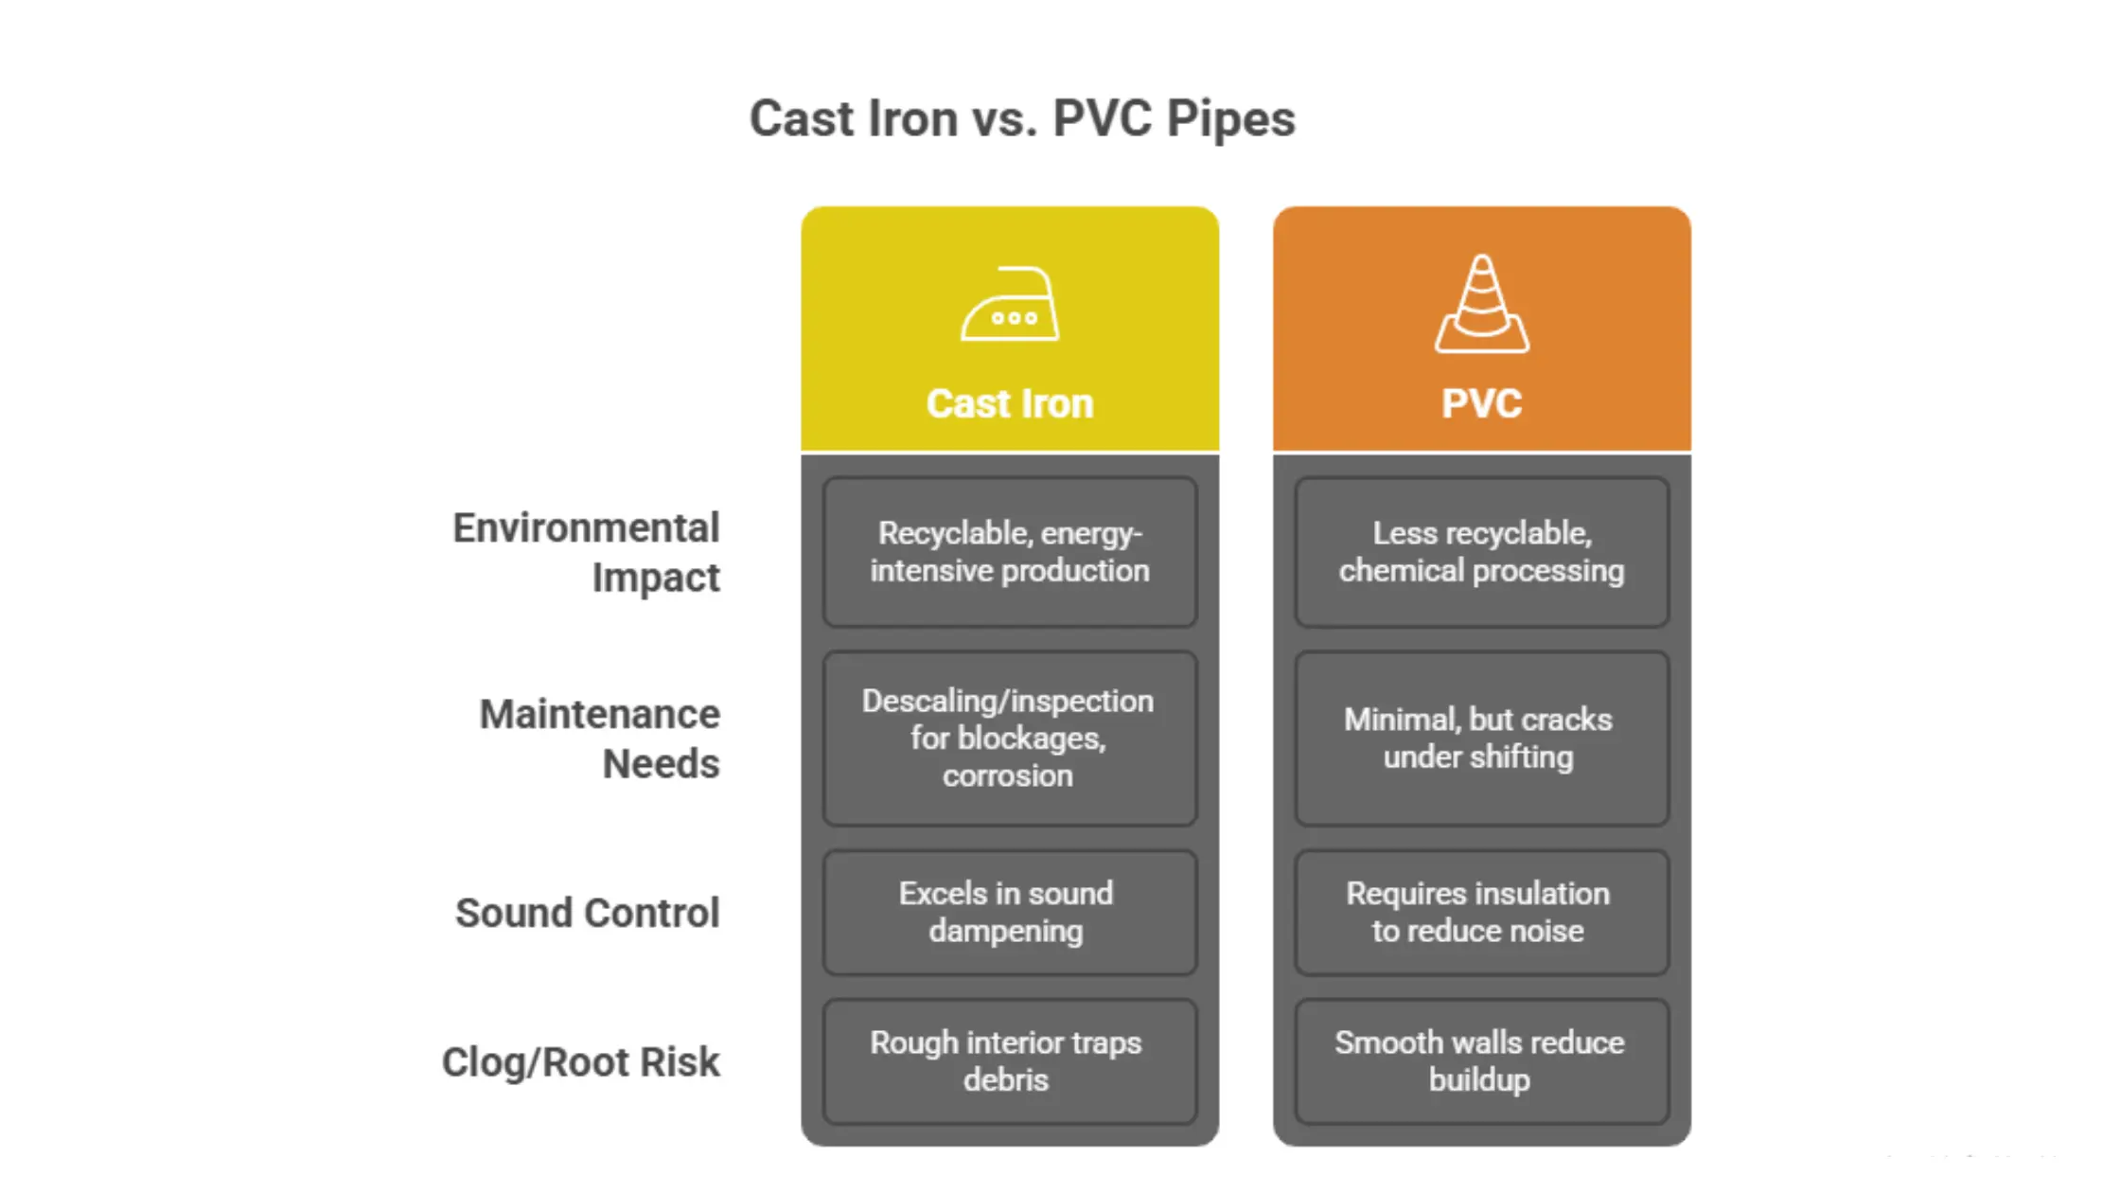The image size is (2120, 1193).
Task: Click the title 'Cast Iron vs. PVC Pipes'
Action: pyautogui.click(x=1021, y=119)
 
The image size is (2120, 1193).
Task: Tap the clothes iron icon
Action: pyautogui.click(x=1010, y=305)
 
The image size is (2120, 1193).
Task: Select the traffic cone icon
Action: pyautogui.click(x=1481, y=305)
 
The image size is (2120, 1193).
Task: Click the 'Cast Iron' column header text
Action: pyautogui.click(x=1010, y=404)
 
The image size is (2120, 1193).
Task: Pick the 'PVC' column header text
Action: pyautogui.click(x=1481, y=404)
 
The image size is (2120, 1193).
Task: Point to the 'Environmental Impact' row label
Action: pyautogui.click(x=587, y=552)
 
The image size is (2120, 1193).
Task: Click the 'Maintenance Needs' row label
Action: pyautogui.click(x=600, y=739)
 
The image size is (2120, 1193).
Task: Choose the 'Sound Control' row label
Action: pyautogui.click(x=588, y=913)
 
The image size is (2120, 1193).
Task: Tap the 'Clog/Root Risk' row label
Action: pyautogui.click(x=581, y=1061)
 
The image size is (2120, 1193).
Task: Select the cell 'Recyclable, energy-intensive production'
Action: pyautogui.click(x=1010, y=552)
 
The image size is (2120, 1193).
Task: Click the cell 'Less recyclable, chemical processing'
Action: pyautogui.click(x=1481, y=552)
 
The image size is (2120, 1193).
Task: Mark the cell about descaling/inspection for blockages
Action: pyautogui.click(x=1010, y=739)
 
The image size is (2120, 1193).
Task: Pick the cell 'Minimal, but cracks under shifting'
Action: pyautogui.click(x=1481, y=739)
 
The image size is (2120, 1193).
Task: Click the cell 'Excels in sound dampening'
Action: pyautogui.click(x=1010, y=913)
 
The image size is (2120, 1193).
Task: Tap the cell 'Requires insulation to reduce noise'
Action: pyautogui.click(x=1481, y=913)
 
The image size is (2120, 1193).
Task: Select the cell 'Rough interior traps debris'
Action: pyautogui.click(x=1010, y=1061)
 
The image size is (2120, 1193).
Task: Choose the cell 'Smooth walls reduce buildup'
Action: pyautogui.click(x=1481, y=1061)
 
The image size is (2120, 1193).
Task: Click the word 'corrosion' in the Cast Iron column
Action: pyautogui.click(x=1008, y=776)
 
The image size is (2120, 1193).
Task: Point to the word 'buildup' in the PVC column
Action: pyautogui.click(x=1479, y=1080)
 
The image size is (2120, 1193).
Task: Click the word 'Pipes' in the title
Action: pyautogui.click(x=1230, y=119)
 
